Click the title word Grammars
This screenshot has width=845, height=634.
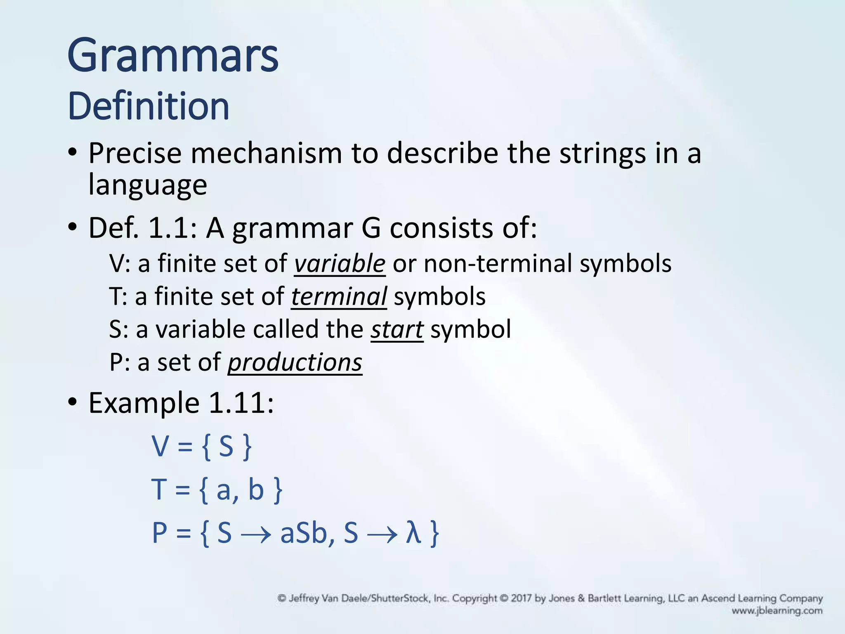tap(173, 56)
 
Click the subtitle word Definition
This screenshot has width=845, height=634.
tap(148, 106)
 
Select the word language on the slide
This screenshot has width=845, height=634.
tap(148, 185)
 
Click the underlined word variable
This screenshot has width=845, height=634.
tap(340, 264)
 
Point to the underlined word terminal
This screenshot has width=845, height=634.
tap(339, 297)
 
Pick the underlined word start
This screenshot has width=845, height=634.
tap(397, 330)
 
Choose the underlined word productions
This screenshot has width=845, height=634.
tap(295, 363)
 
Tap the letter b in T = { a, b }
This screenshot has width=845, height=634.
tap(256, 490)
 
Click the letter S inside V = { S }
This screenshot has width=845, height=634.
tap(226, 447)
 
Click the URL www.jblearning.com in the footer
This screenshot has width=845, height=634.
tap(777, 611)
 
